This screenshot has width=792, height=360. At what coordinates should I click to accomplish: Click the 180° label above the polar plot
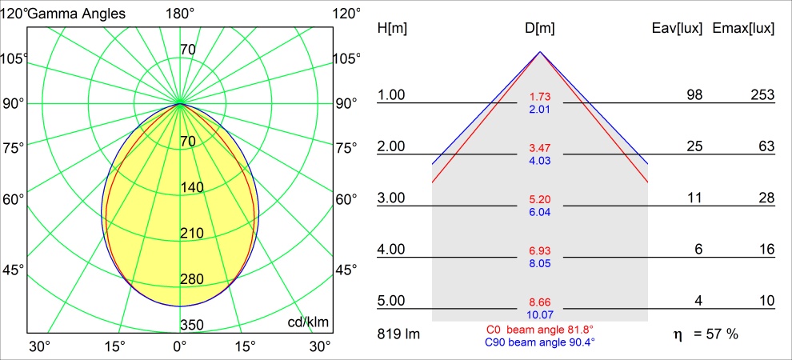(x=180, y=13)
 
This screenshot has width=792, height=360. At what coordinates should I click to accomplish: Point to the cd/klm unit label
(x=308, y=322)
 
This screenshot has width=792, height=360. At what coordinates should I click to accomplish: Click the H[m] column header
(x=392, y=29)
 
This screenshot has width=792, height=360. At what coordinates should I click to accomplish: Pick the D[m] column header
(x=540, y=29)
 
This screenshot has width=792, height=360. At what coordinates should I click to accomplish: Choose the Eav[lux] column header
(x=678, y=29)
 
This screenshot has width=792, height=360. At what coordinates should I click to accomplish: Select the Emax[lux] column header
(x=743, y=29)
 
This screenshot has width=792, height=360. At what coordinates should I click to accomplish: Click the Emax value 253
(x=762, y=95)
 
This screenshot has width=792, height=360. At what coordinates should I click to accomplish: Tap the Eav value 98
(x=694, y=95)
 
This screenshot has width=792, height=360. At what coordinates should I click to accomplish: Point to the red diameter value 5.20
(x=540, y=198)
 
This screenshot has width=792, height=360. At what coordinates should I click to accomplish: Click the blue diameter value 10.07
(x=540, y=314)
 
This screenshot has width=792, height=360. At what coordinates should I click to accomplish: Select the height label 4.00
(x=392, y=249)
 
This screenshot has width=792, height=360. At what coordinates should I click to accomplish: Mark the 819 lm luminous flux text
(x=397, y=333)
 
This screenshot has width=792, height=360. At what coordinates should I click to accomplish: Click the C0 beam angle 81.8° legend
(x=540, y=330)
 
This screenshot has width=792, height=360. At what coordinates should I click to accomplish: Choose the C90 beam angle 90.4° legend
(x=540, y=342)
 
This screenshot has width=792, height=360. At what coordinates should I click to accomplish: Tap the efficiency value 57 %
(x=719, y=333)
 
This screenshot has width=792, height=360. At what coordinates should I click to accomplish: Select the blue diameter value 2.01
(x=540, y=109)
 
